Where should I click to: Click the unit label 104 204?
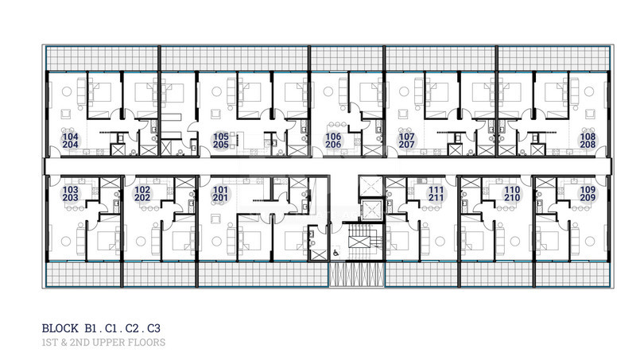coord(70,141)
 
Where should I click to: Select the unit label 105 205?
coord(221,141)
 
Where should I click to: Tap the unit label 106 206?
coord(333,141)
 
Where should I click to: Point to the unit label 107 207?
coord(406,141)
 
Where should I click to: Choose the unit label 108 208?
coord(588,141)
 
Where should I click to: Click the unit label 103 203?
coord(70,193)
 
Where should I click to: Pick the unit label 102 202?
coord(142,193)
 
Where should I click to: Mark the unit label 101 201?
coord(220,193)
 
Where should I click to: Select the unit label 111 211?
coord(436,193)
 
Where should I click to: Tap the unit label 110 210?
coord(512,193)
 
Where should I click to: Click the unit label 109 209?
coord(588,193)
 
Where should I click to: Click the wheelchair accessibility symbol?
coord(336,253)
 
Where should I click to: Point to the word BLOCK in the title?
coord(60,328)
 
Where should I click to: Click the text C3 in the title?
coord(154,328)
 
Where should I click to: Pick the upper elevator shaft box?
coord(370,186)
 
